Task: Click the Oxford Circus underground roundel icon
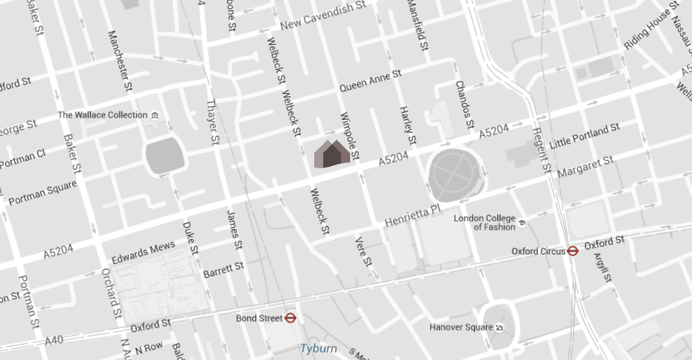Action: pos(572,251)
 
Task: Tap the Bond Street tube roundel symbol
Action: pos(290,318)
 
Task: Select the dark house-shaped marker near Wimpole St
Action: pos(332,155)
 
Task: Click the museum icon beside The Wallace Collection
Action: pos(155,116)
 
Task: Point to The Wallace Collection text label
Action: pos(102,115)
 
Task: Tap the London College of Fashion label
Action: pos(485,222)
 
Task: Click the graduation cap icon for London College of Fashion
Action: pos(521,223)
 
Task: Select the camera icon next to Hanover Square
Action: pos(499,327)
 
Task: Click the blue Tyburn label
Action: pos(319,348)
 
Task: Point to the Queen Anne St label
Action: pos(370,80)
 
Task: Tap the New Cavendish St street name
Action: pos(323,16)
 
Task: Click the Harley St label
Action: pos(408,125)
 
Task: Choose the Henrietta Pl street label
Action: pos(413,216)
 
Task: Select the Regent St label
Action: pos(542,150)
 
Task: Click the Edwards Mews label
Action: pos(143,252)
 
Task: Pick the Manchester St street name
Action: pos(120,60)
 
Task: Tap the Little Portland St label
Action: pos(585,136)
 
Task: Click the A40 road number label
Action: pos(54,340)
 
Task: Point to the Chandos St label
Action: pos(465,104)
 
